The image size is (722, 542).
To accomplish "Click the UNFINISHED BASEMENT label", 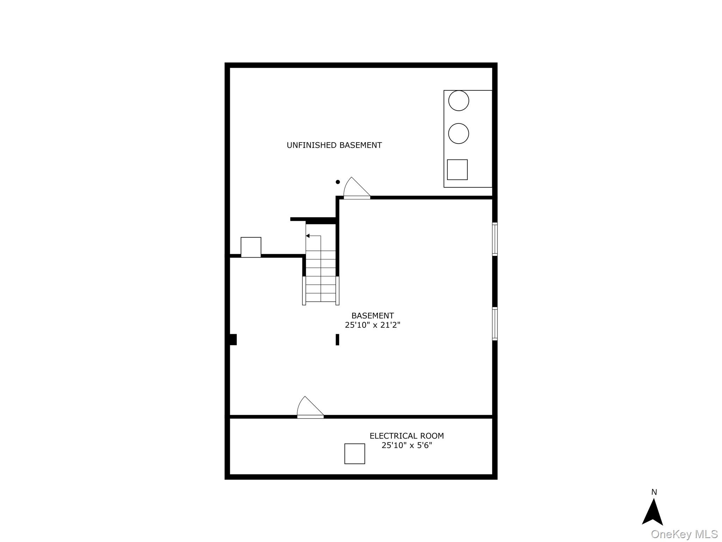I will click(x=334, y=145).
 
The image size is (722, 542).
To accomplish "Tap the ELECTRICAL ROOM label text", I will click(x=406, y=436).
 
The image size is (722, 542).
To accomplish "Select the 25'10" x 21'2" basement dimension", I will click(x=372, y=325).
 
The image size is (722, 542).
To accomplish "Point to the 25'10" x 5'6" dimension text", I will click(x=406, y=445).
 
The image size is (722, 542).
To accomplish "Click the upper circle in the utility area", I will click(x=458, y=101).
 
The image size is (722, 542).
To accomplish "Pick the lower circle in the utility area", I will click(x=458, y=133).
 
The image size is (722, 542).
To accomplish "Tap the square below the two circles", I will click(x=457, y=170).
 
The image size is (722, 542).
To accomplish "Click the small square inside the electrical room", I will click(x=354, y=454).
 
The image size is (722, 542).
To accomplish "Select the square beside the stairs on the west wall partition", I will click(x=251, y=247).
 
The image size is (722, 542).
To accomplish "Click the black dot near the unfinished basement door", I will click(x=338, y=182).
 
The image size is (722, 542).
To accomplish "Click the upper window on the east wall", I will click(x=495, y=239).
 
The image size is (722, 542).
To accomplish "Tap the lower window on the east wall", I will click(x=495, y=324).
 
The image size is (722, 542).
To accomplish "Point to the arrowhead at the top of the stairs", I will click(x=308, y=236).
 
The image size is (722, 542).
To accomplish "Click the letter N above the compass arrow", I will click(x=654, y=492).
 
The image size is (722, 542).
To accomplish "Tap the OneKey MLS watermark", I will click(x=684, y=534).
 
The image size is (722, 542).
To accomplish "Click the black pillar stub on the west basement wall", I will click(x=233, y=339).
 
